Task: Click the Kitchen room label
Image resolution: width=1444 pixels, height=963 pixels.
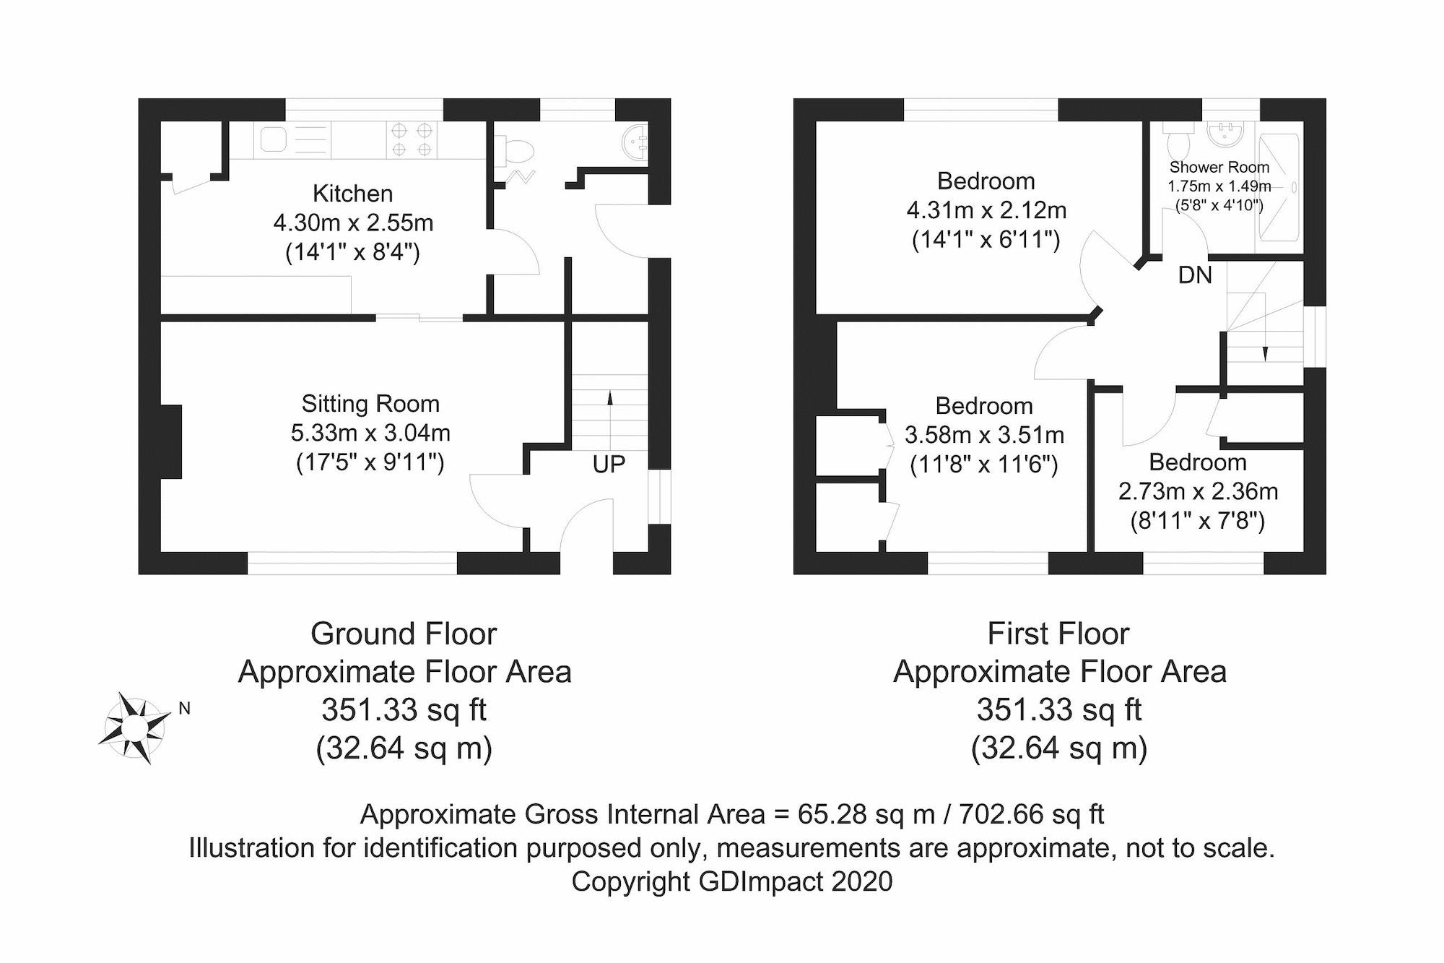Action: pos(352,194)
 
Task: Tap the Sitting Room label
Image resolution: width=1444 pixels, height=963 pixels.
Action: pos(370,403)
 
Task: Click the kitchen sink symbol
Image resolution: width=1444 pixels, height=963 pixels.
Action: pos(274,139)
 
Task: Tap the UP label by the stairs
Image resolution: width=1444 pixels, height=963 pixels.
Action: pos(608,465)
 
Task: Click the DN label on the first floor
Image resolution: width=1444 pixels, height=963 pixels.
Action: pos(1195,275)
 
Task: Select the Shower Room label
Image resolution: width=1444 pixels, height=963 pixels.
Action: pos(1219,167)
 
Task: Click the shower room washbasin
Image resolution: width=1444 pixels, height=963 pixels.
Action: pos(1225,134)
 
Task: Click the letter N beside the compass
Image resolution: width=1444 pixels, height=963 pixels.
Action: pos(185,709)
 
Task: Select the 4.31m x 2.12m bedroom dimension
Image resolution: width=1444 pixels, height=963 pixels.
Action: pos(986,210)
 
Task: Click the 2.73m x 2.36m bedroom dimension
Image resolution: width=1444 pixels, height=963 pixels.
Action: pos(1198,491)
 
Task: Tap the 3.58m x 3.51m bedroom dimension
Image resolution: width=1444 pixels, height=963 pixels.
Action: pos(984,435)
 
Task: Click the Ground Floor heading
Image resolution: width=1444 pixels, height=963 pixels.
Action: pos(404,634)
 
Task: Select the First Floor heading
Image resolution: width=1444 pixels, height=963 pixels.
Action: pos(1058,634)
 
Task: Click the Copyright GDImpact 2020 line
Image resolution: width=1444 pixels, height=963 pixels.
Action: pos(731,881)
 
